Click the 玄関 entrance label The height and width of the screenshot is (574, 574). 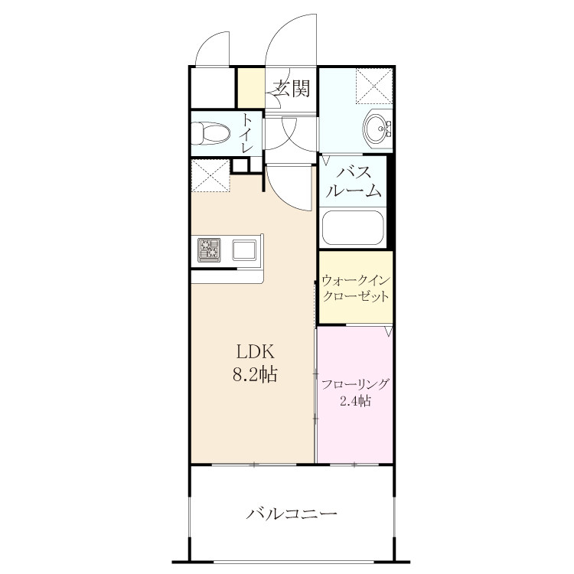(x=292, y=88)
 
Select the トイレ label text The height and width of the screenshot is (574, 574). (x=247, y=134)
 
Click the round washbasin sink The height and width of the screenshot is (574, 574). (x=376, y=129)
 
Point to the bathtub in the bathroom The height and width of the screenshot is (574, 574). (x=353, y=227)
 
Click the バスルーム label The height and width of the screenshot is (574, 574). (x=354, y=181)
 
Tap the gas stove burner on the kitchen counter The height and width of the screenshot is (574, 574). (x=209, y=250)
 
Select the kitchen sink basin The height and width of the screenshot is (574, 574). (x=244, y=250)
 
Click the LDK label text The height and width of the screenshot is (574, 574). (x=255, y=352)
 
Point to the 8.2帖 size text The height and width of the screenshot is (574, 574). (x=255, y=375)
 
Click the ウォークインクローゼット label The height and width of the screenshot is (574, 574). (x=355, y=289)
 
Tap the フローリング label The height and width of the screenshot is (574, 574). (x=354, y=384)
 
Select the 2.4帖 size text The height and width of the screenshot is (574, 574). (x=355, y=401)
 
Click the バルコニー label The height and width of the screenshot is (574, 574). (x=292, y=514)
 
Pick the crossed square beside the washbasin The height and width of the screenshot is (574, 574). (x=373, y=86)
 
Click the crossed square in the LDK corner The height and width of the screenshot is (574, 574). (x=210, y=175)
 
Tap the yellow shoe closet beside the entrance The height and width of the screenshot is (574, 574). (x=251, y=88)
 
